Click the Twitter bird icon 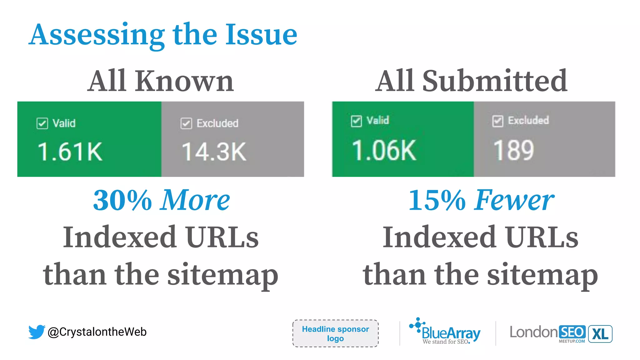click(37, 332)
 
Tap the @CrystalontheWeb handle click(97, 332)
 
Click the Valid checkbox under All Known click(42, 123)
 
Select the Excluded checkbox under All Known click(186, 123)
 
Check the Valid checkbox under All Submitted click(356, 121)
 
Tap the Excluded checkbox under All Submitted click(497, 121)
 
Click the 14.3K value click(214, 152)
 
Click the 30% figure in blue click(122, 200)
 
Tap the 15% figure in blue click(437, 200)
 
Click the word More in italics click(195, 200)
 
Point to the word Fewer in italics click(514, 200)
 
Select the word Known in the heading click(184, 81)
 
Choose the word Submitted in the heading click(495, 81)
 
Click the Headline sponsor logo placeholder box click(335, 333)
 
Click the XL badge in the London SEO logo click(600, 334)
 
